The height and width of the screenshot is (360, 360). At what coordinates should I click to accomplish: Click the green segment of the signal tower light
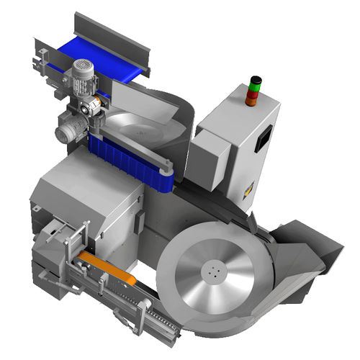pyautogui.click(x=253, y=86)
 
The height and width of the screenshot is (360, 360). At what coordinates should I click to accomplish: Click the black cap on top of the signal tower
pyautogui.click(x=253, y=78)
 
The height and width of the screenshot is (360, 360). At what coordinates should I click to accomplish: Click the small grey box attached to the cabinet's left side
pyautogui.click(x=214, y=151)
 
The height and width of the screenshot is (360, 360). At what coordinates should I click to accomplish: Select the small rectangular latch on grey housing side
pyautogui.click(x=35, y=209)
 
